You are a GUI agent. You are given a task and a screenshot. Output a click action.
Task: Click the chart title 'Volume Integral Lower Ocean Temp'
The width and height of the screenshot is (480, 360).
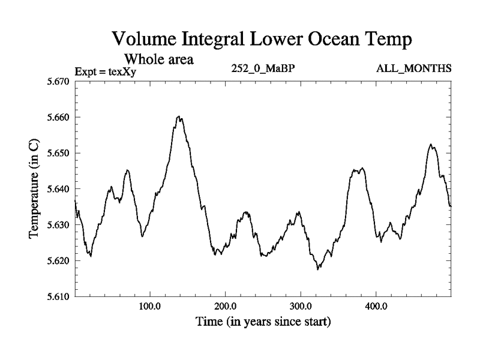tap(262, 41)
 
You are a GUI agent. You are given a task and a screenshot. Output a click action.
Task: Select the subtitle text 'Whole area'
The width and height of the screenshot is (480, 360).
tap(158, 59)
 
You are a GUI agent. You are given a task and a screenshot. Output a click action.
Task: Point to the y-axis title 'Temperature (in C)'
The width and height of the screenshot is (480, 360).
tap(34, 189)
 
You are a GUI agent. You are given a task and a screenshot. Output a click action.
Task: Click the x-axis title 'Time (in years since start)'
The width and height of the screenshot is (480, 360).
tap(263, 322)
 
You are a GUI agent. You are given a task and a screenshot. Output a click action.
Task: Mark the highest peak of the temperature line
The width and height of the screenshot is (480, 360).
tap(179, 116)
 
